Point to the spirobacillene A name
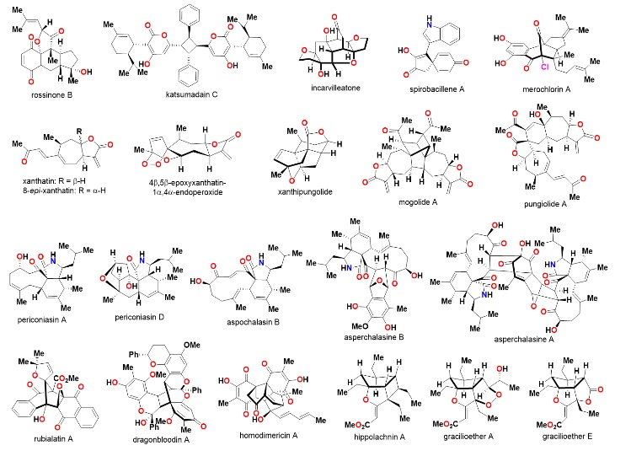tap(428, 104)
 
